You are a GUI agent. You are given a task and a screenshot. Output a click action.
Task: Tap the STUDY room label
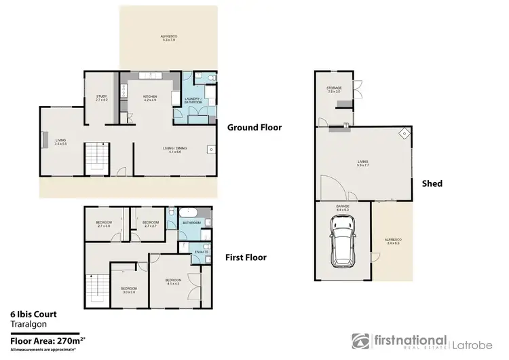coord(102,98)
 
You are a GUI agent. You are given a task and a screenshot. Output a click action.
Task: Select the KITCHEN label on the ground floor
coord(150,98)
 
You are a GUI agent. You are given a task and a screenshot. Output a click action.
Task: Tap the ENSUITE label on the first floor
coord(200,252)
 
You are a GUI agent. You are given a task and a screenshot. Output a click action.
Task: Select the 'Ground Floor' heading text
coord(254,127)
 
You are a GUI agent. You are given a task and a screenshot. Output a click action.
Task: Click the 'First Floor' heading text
coord(246,257)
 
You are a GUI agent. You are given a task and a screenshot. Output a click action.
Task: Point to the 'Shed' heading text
coord(432,183)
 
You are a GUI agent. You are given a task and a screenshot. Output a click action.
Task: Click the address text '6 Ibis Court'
coord(33,314)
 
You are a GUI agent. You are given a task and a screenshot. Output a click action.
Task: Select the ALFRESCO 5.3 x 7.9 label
coord(168,37)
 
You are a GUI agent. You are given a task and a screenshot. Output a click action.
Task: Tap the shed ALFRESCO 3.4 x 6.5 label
coord(394,242)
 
